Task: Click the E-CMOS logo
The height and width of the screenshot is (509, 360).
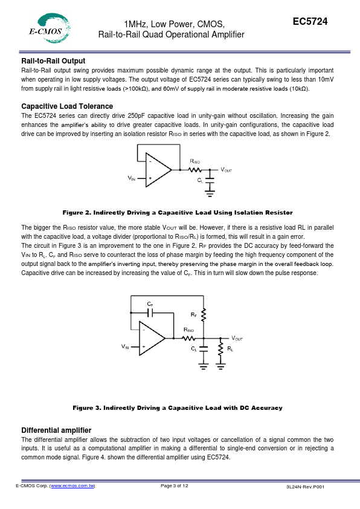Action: coord(50,28)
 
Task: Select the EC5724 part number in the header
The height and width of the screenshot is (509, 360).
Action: coord(310,21)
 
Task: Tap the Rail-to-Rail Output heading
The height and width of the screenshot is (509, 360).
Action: coord(53,61)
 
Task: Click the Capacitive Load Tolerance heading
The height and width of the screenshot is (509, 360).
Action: coord(67,106)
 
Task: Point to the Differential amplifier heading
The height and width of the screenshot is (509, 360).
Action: coord(56,430)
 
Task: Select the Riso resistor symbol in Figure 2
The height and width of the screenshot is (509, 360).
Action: coord(195,170)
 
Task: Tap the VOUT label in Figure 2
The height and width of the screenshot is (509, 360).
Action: coord(226,170)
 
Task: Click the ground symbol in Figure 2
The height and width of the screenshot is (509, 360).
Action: coord(210,194)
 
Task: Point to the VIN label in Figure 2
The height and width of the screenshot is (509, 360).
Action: coord(131,178)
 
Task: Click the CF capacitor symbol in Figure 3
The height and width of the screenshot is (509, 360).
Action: coord(150,313)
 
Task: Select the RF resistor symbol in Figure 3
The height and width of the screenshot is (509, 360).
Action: coord(204,315)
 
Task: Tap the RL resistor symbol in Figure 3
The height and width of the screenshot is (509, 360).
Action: coord(220,349)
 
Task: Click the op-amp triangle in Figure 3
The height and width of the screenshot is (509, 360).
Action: coord(151,339)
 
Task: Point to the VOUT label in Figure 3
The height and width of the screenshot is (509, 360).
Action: coord(237,339)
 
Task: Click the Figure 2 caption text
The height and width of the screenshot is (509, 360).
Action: coord(178,213)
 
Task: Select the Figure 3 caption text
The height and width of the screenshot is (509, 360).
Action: coord(178,407)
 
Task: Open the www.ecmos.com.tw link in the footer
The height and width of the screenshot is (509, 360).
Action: coord(72,486)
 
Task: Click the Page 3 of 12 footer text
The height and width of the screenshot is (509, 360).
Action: coord(174,485)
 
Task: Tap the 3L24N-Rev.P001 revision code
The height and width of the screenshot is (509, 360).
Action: coord(305,487)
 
